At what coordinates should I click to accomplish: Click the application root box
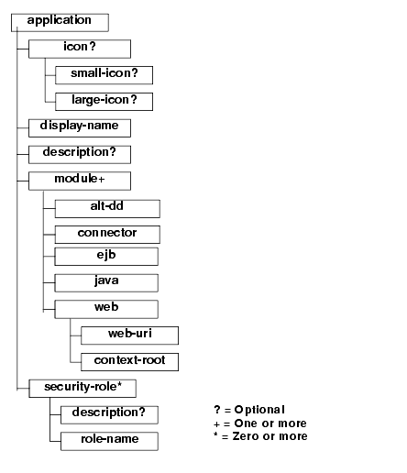tap(60, 22)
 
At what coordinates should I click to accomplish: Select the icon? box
tap(80, 49)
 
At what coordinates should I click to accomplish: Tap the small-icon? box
tap(104, 75)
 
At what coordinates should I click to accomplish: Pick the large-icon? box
tap(104, 102)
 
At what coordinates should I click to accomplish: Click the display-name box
tap(80, 128)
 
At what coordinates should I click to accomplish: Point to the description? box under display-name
tap(80, 155)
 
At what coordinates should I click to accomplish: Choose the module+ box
tap(80, 181)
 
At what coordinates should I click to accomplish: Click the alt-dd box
tap(107, 209)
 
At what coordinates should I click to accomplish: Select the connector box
tap(107, 235)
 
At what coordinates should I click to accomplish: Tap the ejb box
tap(106, 257)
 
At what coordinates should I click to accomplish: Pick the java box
tap(106, 283)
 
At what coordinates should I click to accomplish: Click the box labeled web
tap(106, 309)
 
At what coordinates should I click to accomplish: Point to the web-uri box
tap(129, 335)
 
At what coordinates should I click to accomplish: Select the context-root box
tap(129, 362)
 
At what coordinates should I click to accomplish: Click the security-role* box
tap(82, 389)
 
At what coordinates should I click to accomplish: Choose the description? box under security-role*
tap(109, 415)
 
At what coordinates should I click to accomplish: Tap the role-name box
tap(109, 441)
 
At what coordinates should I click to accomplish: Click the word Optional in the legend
tap(259, 410)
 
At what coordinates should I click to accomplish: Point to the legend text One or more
tap(270, 423)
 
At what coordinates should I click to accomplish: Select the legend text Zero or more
tap(270, 436)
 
